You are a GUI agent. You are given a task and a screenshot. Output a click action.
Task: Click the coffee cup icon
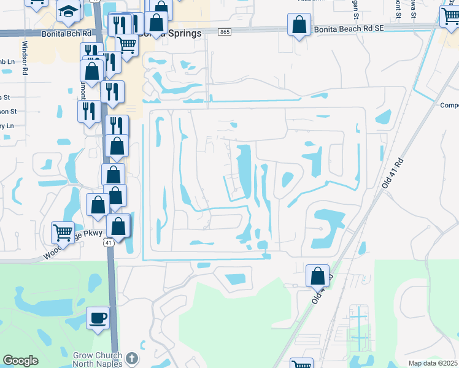pyautogui.click(x=98, y=318)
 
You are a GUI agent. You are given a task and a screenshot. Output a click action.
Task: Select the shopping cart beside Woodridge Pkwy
pyautogui.click(x=63, y=232)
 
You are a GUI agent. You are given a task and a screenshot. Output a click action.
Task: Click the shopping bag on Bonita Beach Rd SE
pyautogui.click(x=298, y=25)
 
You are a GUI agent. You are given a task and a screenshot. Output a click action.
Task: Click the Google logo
pyautogui.click(x=20, y=361)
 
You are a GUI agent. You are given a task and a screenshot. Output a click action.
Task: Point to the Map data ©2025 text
pyautogui.click(x=432, y=363)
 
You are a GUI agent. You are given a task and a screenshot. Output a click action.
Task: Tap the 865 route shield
pyautogui.click(x=225, y=32)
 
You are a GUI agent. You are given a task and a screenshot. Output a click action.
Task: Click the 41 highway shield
pyautogui.click(x=109, y=243)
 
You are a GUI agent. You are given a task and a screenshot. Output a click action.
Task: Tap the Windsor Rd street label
pyautogui.click(x=25, y=58)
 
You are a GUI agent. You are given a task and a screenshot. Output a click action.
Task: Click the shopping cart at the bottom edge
pyautogui.click(x=301, y=364)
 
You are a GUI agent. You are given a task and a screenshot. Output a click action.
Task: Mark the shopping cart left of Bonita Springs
pyautogui.click(x=126, y=44)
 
